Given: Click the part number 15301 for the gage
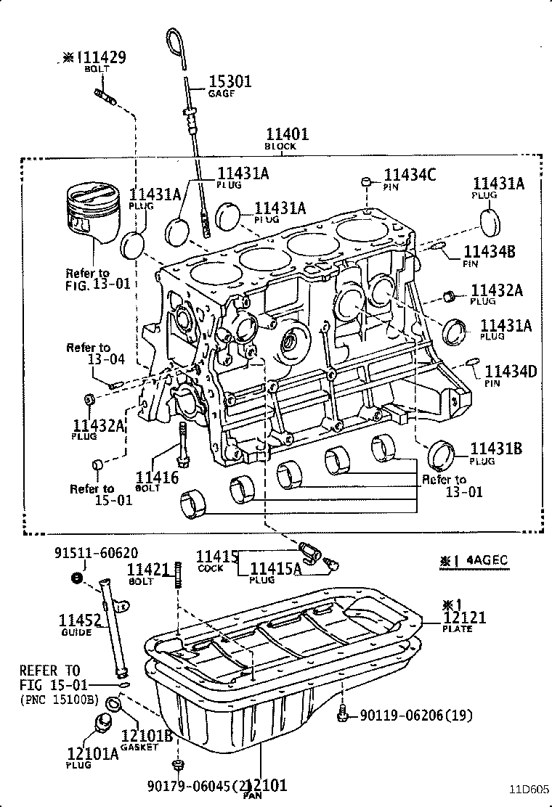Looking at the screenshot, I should [x=230, y=82].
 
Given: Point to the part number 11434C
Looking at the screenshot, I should [x=410, y=174].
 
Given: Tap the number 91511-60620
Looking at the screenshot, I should [x=96, y=554].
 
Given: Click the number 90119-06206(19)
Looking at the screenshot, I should [x=416, y=716].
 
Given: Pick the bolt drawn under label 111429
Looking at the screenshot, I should [x=103, y=94].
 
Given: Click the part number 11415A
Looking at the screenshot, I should [x=275, y=569].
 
